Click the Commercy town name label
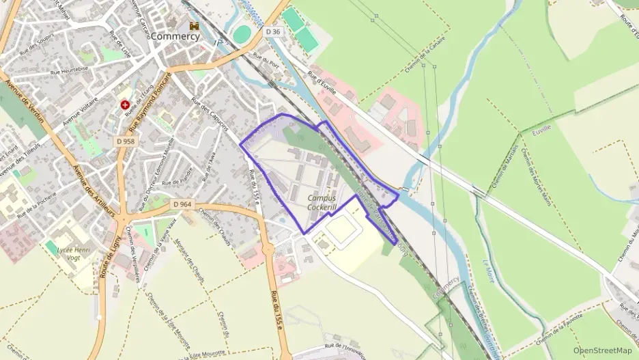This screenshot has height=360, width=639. (175, 36)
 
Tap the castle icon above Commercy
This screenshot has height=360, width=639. (195, 25)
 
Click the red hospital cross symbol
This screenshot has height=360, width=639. (126, 105)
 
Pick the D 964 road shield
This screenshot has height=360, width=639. (182, 204)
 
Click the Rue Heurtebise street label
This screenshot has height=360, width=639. (71, 71)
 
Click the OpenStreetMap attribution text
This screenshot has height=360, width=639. (602, 350)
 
